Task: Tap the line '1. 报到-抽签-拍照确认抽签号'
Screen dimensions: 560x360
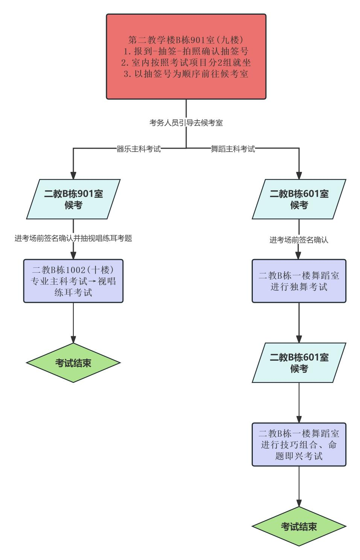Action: click(186, 51)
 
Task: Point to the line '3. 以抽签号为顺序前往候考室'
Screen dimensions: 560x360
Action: click(186, 74)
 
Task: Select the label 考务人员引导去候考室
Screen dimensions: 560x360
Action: click(186, 123)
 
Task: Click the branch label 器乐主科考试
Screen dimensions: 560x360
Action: click(139, 149)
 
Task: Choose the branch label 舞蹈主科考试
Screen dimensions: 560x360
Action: click(233, 149)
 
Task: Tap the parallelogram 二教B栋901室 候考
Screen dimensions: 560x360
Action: click(73, 199)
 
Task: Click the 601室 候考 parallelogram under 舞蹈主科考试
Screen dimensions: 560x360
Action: click(299, 199)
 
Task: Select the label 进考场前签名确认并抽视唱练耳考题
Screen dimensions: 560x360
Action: click(73, 238)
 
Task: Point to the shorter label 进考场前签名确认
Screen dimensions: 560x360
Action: click(299, 240)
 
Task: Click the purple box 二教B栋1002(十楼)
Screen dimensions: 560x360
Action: click(73, 281)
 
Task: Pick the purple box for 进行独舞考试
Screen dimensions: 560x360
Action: click(299, 281)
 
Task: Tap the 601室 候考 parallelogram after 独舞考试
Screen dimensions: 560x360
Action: click(299, 363)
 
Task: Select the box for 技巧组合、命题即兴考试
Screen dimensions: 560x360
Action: click(299, 445)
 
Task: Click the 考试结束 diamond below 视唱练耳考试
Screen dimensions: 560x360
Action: click(73, 363)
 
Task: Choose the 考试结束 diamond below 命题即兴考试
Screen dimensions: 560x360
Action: click(299, 527)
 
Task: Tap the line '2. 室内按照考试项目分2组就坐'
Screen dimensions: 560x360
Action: click(186, 62)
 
